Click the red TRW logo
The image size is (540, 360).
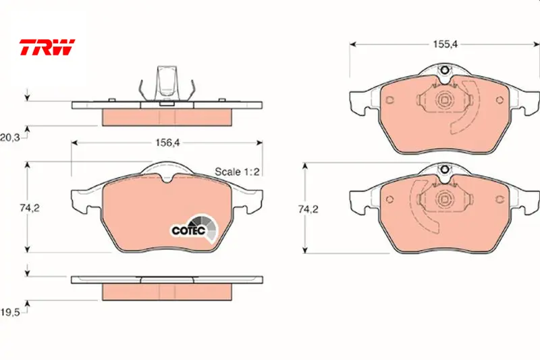coord(47,47)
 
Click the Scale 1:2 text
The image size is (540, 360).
coord(237,172)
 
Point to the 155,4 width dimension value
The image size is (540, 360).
coord(446,44)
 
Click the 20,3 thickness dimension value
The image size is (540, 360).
coord(9,138)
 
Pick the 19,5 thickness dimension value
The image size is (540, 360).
coord(9,312)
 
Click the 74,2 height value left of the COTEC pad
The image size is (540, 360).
coord(30,208)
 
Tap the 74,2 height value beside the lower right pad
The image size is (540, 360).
coord(308,209)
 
